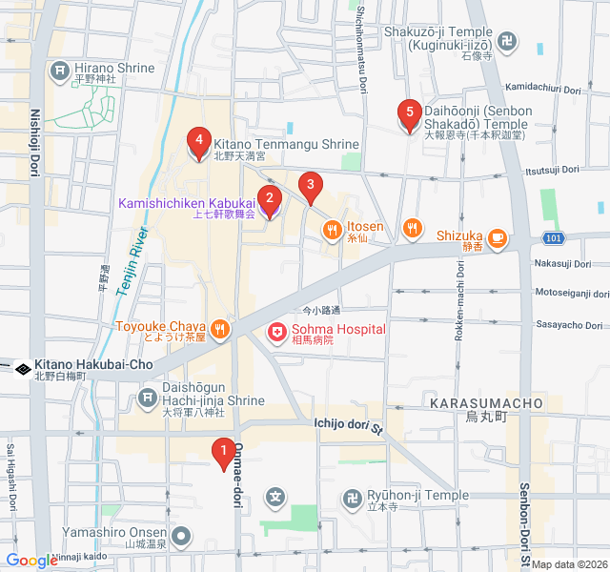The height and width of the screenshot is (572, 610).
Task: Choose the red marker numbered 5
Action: tap(410, 115)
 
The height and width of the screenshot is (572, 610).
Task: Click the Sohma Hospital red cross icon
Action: tap(276, 331)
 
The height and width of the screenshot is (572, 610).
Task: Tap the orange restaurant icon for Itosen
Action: tap(332, 228)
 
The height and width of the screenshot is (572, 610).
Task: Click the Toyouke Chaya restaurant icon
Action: tap(219, 329)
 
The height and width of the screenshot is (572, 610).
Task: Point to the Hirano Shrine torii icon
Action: tap(60, 70)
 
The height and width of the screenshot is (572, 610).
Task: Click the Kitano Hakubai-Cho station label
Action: tap(93, 365)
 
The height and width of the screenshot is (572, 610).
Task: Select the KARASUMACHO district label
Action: tap(486, 404)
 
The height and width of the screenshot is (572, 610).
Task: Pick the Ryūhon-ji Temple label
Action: tap(418, 496)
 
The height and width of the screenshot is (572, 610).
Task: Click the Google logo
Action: tap(31, 561)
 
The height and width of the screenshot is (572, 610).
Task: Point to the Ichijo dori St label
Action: tap(348, 426)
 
